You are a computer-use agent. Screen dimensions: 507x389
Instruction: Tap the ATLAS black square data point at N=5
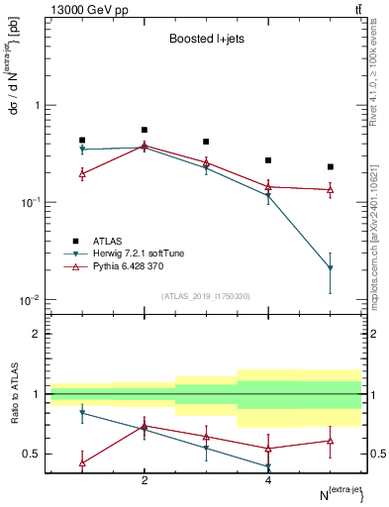(331, 166)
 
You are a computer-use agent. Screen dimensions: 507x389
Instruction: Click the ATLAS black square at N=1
(82, 141)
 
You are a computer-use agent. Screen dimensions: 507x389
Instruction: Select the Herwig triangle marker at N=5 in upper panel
(331, 268)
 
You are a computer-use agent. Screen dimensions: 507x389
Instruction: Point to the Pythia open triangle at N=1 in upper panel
(82, 173)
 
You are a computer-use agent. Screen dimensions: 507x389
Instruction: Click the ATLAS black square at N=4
(268, 159)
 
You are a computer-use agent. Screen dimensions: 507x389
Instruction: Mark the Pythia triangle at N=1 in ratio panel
(82, 462)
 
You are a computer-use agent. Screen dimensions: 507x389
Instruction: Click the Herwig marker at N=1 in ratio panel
(82, 413)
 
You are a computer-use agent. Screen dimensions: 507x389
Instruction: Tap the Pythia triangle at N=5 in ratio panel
(331, 441)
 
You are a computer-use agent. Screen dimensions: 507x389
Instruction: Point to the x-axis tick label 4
(268, 480)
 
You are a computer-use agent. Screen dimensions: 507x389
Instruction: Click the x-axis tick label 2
(145, 480)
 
